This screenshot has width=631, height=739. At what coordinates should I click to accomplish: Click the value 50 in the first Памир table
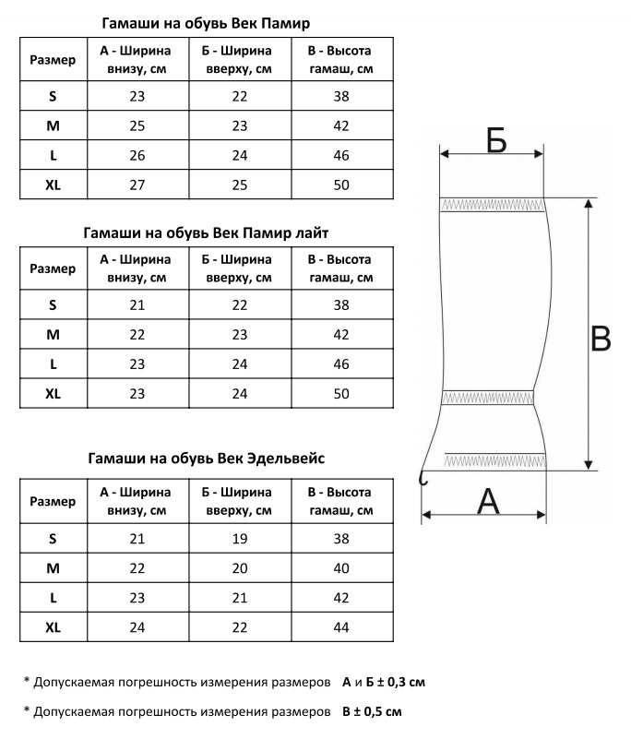click(x=341, y=185)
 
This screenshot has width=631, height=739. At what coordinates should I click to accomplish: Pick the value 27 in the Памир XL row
click(x=137, y=185)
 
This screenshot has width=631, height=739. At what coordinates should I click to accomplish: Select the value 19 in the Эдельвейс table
click(x=240, y=539)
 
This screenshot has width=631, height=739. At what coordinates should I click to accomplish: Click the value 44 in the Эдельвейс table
click(x=341, y=627)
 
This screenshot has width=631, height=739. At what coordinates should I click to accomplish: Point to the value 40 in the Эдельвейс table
click(x=341, y=568)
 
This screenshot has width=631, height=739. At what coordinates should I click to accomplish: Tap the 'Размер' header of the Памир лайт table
click(x=53, y=268)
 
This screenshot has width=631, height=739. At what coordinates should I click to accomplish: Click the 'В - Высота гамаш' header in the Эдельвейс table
click(x=341, y=501)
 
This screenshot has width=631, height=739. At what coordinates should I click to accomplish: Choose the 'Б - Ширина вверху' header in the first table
click(x=240, y=59)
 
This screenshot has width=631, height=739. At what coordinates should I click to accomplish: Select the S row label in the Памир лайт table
click(x=53, y=304)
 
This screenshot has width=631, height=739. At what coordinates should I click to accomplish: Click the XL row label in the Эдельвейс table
click(x=53, y=627)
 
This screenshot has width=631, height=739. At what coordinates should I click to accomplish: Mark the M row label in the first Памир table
click(x=53, y=125)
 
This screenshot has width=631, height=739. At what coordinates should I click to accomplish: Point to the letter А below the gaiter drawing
click(x=486, y=502)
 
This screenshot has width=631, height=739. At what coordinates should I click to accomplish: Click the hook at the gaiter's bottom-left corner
click(x=423, y=476)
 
